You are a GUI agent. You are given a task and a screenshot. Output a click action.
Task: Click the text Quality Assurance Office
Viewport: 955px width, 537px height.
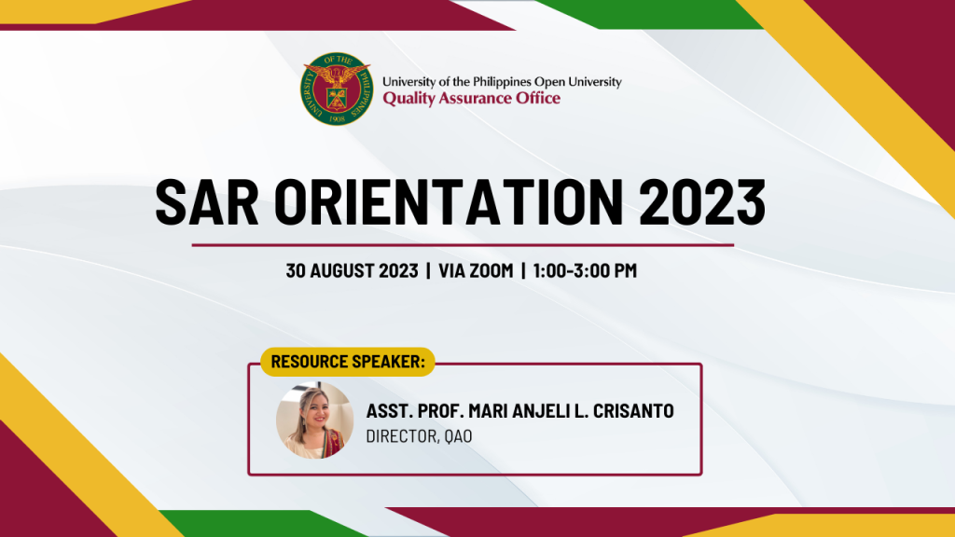pyautogui.click(x=471, y=98)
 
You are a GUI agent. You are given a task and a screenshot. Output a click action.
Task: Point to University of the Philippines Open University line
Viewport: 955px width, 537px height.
pyautogui.click(x=502, y=82)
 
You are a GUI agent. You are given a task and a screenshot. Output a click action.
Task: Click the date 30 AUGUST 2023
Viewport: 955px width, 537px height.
pyautogui.click(x=351, y=271)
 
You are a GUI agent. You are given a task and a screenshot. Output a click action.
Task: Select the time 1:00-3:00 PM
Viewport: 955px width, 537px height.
pyautogui.click(x=585, y=271)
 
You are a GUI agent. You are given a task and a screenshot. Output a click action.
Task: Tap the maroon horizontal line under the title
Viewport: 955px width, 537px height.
pyautogui.click(x=463, y=245)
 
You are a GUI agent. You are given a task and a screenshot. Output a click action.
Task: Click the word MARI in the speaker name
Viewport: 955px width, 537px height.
pyautogui.click(x=477, y=412)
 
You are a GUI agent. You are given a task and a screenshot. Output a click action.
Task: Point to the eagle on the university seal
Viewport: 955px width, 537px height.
pyautogui.click(x=337, y=75)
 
